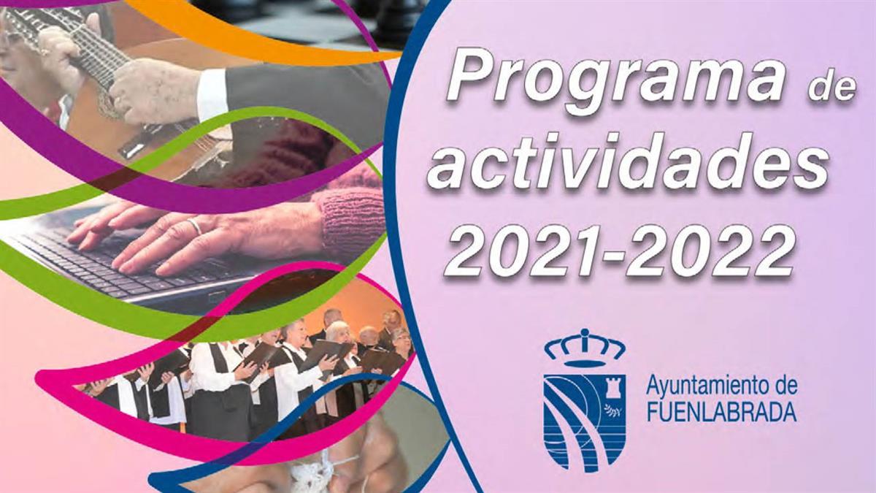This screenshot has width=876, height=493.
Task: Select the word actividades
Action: (627, 168)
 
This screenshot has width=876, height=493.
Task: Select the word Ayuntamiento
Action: (701, 384)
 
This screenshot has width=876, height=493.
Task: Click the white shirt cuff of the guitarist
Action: (212, 95)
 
